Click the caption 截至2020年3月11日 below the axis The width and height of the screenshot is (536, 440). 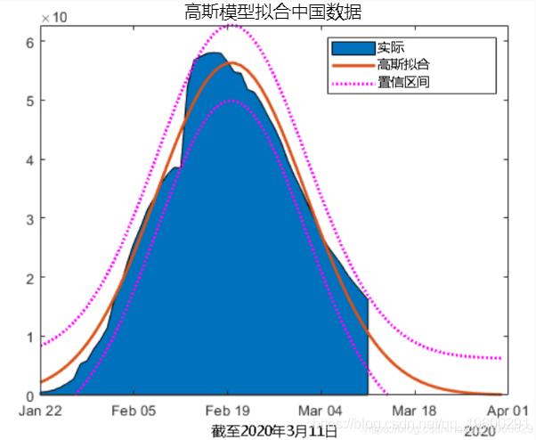click(274, 431)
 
